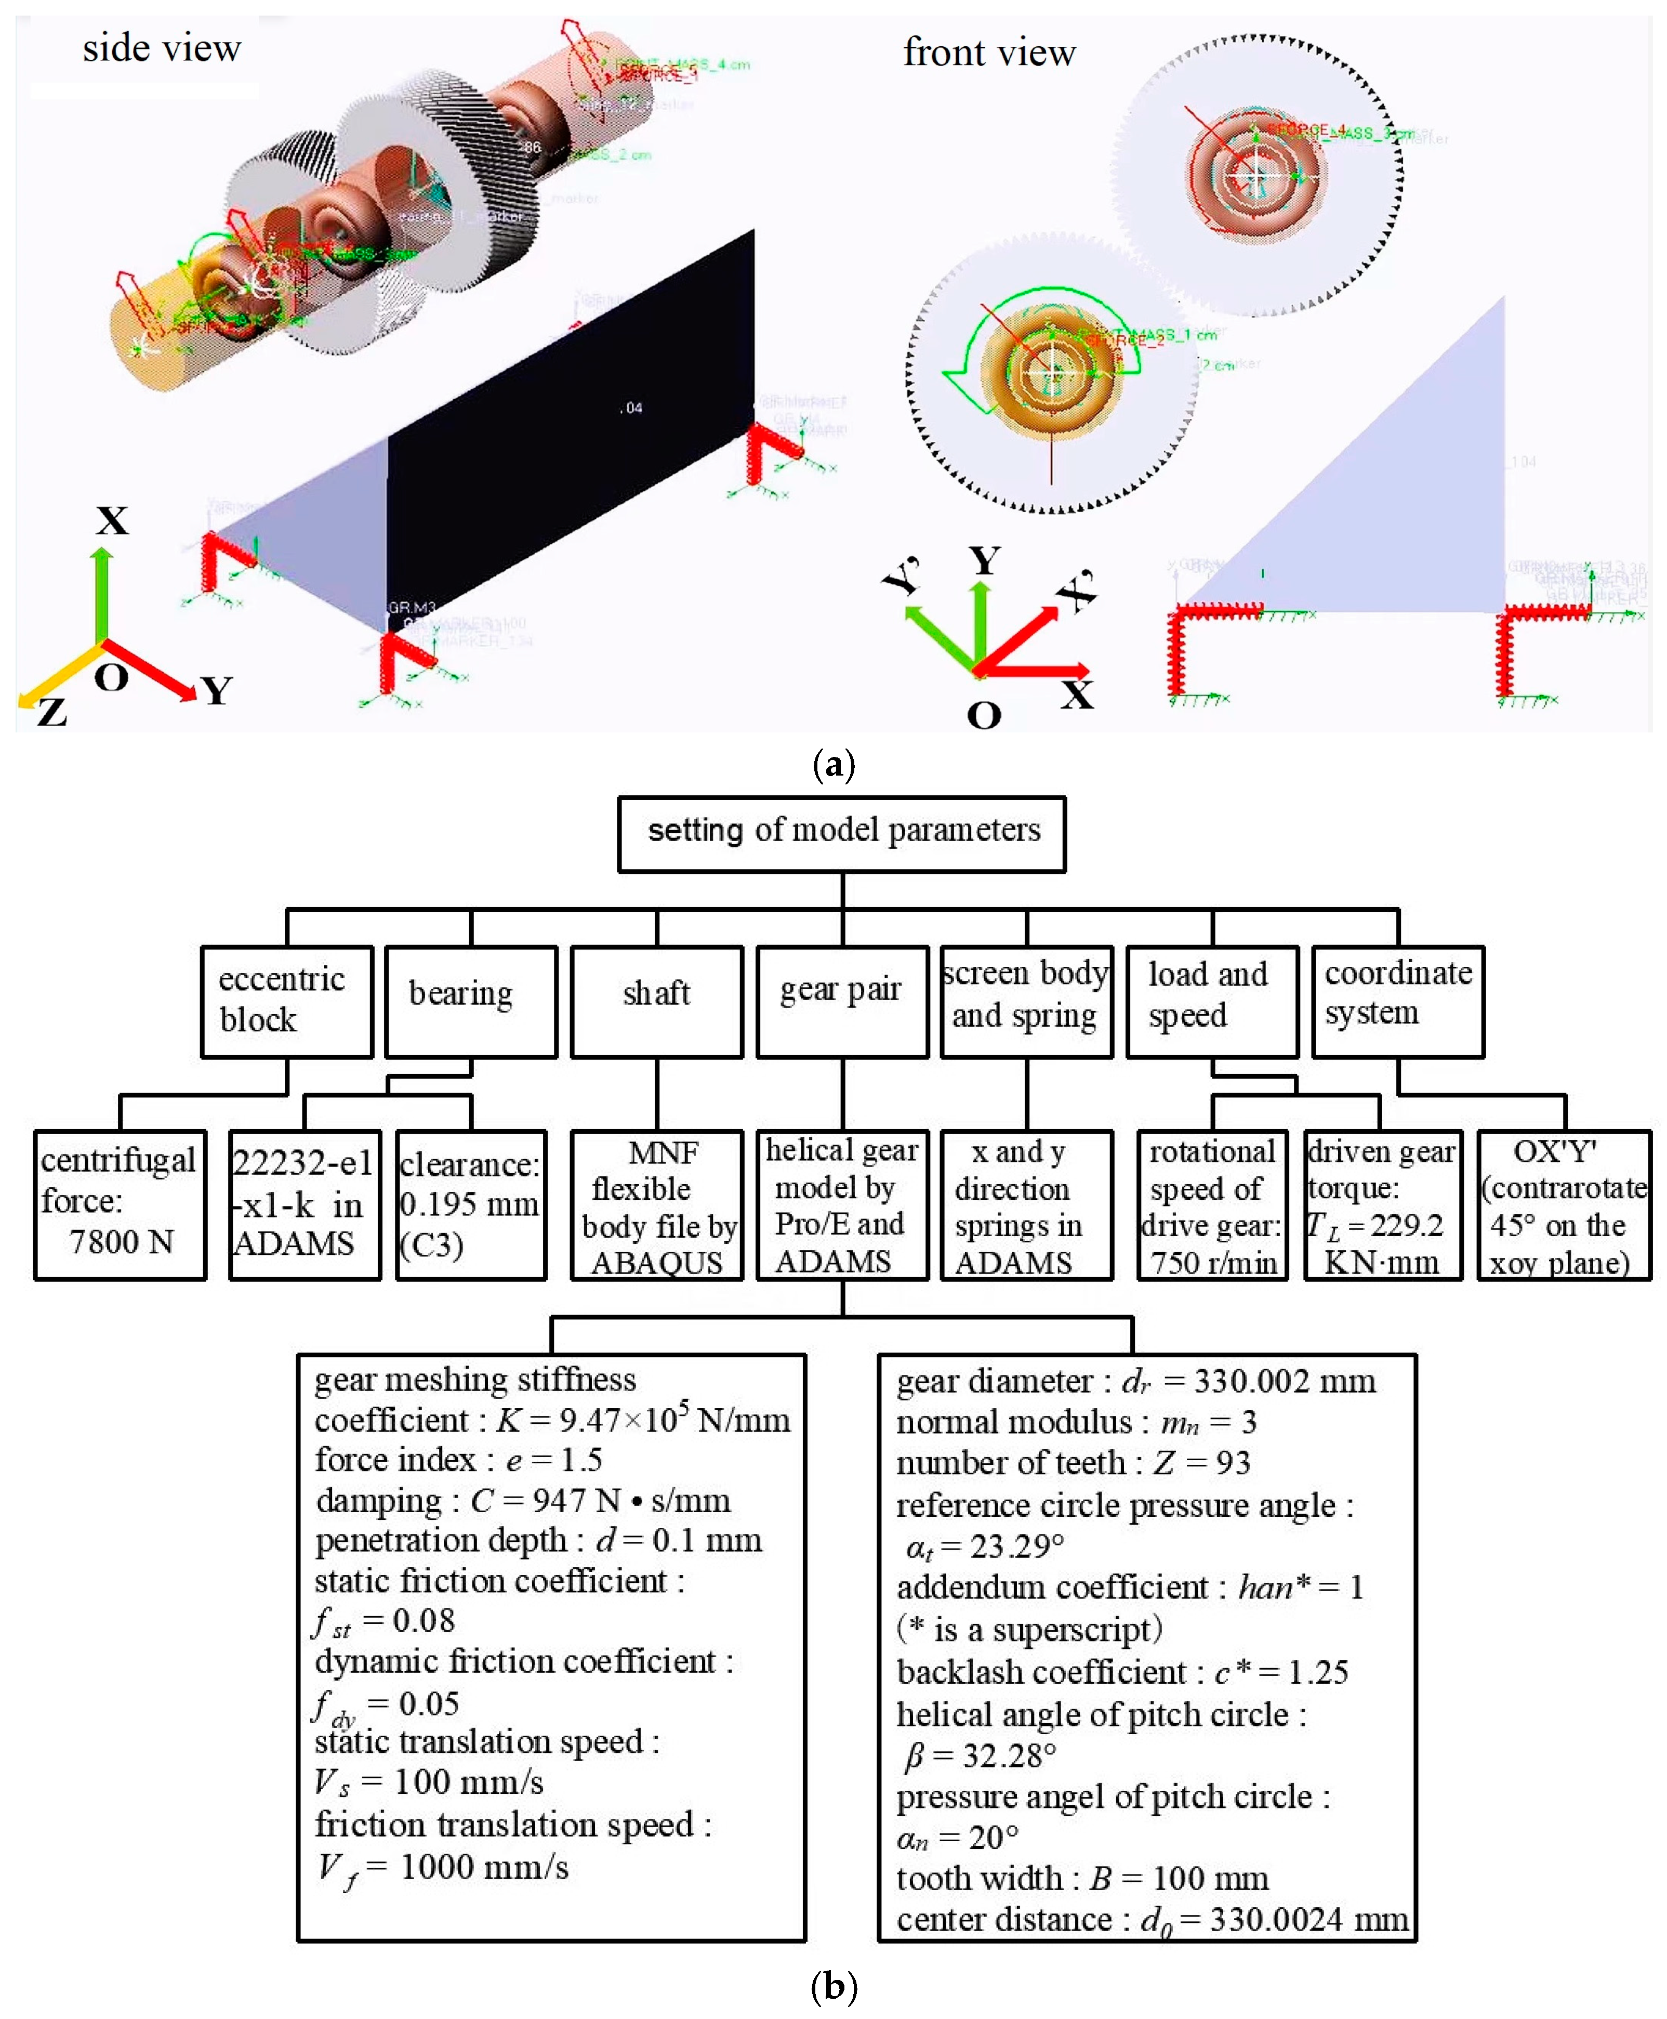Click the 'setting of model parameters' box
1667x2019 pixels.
(x=842, y=833)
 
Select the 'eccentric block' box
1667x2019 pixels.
(x=286, y=1001)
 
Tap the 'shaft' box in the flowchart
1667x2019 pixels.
(x=657, y=1001)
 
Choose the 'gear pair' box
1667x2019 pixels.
(x=842, y=1001)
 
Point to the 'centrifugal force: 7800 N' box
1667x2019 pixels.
(x=120, y=1204)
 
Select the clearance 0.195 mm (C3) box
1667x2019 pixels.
(x=470, y=1204)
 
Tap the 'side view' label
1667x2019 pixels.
(x=161, y=48)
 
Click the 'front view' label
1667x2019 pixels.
(x=989, y=53)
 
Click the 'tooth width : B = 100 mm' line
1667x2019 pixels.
(x=1081, y=1878)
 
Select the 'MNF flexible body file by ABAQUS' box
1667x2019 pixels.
(x=657, y=1204)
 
